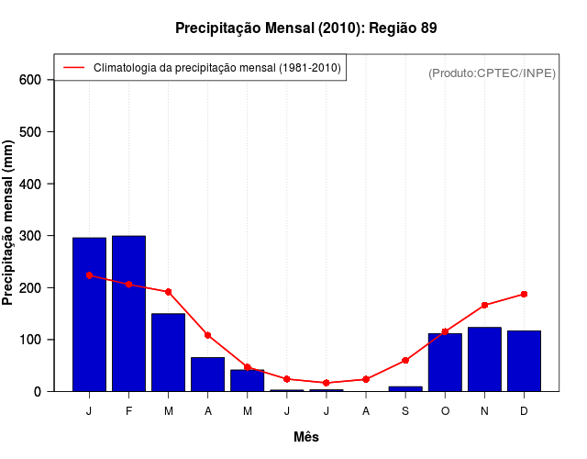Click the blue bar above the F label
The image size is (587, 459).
click(x=128, y=313)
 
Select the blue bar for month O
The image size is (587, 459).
click(x=445, y=362)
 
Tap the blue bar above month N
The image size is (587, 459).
click(x=484, y=359)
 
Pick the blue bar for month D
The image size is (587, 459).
click(x=524, y=361)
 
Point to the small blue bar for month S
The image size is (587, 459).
click(x=405, y=388)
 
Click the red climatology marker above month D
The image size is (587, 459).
click(x=524, y=294)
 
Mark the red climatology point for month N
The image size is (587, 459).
click(x=484, y=305)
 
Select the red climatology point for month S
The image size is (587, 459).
click(x=405, y=360)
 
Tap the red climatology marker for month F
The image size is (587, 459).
click(x=128, y=285)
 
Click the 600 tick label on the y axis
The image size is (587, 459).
click(x=31, y=80)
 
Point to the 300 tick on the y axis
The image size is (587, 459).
click(x=31, y=236)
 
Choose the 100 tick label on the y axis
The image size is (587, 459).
click(x=31, y=340)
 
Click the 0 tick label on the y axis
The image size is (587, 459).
click(x=38, y=391)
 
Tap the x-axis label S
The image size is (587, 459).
click(x=405, y=411)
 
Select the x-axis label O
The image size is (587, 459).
click(x=445, y=411)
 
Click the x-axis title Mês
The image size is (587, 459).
click(x=306, y=437)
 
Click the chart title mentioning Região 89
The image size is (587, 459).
click(x=306, y=28)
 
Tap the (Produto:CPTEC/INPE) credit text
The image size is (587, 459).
click(x=492, y=73)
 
